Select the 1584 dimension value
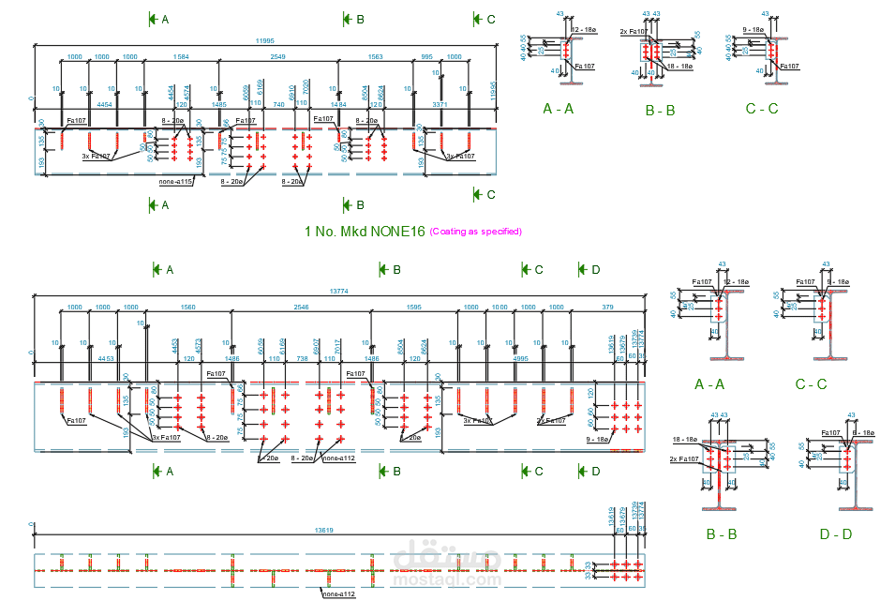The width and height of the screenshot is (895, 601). tap(181, 57)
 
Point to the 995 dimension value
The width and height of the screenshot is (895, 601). tap(427, 57)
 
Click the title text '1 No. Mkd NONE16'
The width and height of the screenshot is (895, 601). tap(365, 231)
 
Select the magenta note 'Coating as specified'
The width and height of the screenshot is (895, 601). tap(476, 231)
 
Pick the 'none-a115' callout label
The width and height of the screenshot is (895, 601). tap(175, 182)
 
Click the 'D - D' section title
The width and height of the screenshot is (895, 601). tap(836, 534)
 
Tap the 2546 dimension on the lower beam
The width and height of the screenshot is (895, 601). tap(300, 308)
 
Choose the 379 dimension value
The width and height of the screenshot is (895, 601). tap(607, 308)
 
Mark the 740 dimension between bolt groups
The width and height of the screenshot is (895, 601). tap(278, 105)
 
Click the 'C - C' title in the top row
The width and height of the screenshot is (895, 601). tap(761, 109)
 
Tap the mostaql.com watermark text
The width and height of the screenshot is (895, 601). tap(448, 579)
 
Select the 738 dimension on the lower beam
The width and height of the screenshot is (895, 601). tap(302, 358)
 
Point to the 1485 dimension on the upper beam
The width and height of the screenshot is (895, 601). tap(219, 105)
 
